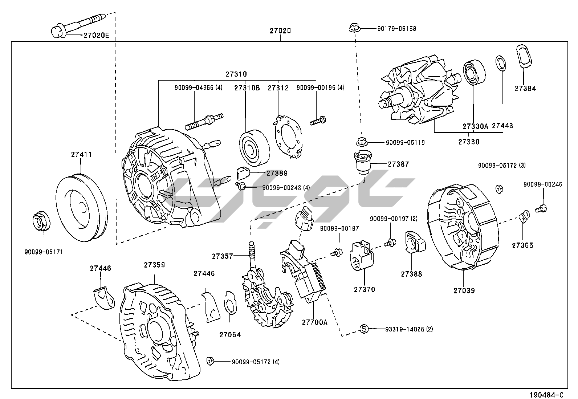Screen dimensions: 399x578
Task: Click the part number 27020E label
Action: [96, 35]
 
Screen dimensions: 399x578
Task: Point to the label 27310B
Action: [247, 88]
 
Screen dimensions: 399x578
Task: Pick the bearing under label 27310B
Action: [255, 146]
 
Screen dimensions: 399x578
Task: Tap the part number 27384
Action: [525, 88]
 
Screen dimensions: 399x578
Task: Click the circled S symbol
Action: [364, 329]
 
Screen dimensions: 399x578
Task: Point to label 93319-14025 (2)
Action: [409, 329]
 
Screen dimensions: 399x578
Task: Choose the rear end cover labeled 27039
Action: [463, 229]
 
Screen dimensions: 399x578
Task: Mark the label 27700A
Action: [314, 322]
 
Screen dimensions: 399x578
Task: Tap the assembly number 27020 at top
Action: [280, 31]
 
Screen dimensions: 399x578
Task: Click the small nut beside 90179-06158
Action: [354, 28]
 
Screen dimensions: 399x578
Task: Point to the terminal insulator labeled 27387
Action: [361, 163]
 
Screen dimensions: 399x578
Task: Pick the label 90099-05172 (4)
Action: [256, 362]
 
